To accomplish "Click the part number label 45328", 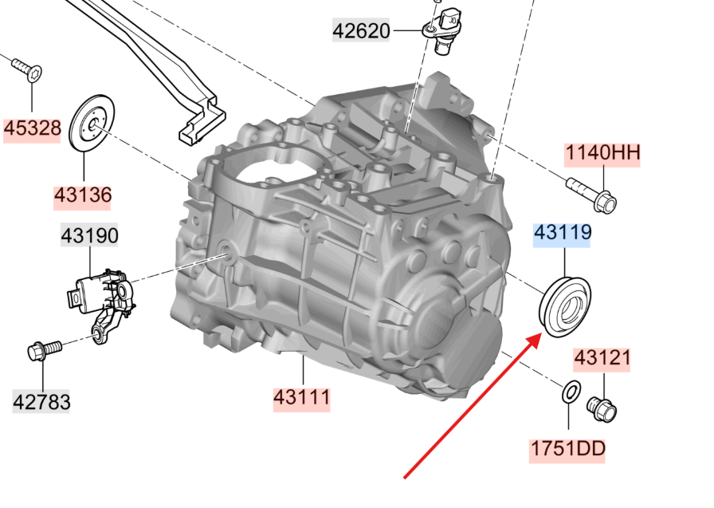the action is pyautogui.click(x=33, y=128).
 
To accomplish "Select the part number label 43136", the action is pyautogui.click(x=82, y=195).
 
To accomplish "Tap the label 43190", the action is pyautogui.click(x=89, y=235).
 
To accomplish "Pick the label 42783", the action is pyautogui.click(x=41, y=402).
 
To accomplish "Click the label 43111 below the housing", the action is pyautogui.click(x=301, y=397).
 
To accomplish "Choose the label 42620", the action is pyautogui.click(x=362, y=31).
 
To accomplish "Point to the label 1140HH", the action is pyautogui.click(x=602, y=152).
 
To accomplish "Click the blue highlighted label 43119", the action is pyautogui.click(x=563, y=232).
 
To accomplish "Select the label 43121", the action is pyautogui.click(x=602, y=358).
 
